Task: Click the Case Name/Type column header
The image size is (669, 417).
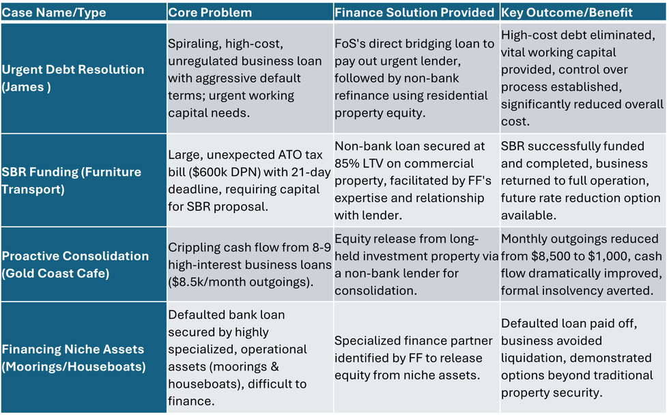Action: pos(54,12)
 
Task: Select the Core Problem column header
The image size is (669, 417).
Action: pos(210,12)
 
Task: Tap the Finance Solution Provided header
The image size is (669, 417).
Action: pos(414,12)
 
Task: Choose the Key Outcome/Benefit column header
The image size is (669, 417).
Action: pos(567,12)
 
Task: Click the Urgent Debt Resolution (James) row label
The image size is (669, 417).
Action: pos(73,78)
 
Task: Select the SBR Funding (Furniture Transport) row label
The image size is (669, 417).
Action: pos(71,180)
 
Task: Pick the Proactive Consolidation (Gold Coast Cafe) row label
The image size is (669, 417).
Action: pos(75,264)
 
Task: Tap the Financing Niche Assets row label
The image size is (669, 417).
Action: pos(74,358)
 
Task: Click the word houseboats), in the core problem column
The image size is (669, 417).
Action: pos(206,384)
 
